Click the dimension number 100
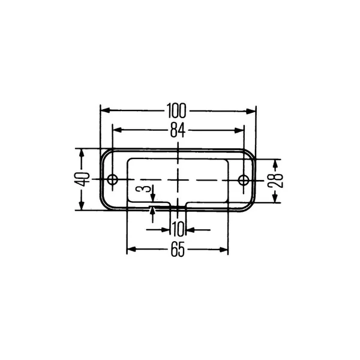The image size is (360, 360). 176,110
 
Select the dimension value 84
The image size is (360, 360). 178,130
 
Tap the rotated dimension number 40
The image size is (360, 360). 82,179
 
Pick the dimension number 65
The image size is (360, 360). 178,250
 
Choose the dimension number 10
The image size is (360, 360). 178,229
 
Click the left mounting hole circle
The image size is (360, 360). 113,179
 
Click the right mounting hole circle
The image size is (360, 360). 244,179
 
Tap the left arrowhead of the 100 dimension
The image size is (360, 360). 105,110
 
